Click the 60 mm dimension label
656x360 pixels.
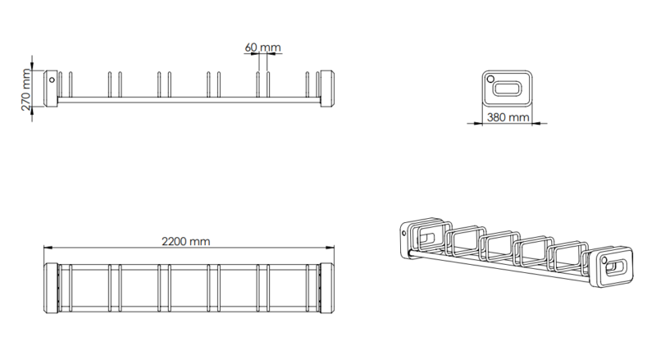pyautogui.click(x=262, y=47)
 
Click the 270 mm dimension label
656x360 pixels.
pyautogui.click(x=27, y=89)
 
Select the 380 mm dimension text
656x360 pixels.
pyautogui.click(x=508, y=117)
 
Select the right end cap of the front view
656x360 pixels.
pyautogui.click(x=325, y=89)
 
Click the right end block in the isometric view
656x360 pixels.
pyautogui.click(x=614, y=268)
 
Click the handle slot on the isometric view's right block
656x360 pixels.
pyautogui.click(x=617, y=267)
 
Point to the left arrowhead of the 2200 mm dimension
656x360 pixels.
pyautogui.click(x=47, y=248)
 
